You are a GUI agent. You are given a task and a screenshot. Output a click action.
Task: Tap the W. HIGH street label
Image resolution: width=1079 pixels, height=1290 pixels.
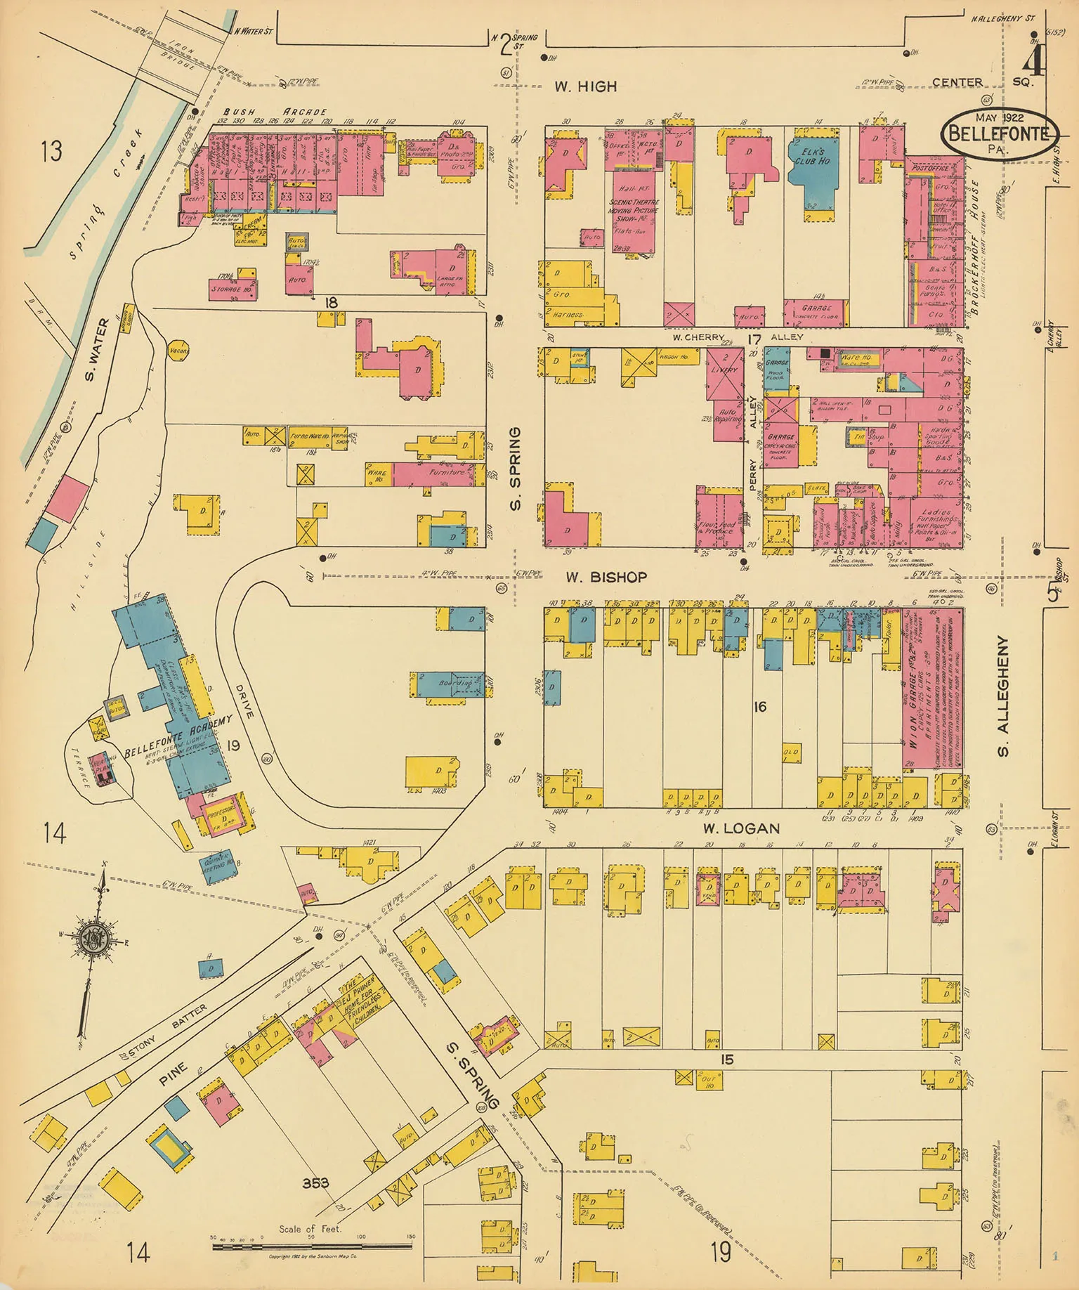click(x=585, y=86)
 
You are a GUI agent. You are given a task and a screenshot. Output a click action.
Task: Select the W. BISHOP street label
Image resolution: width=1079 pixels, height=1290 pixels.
click(x=606, y=577)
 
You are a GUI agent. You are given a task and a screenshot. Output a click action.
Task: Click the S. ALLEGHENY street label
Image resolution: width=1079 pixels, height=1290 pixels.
click(x=1003, y=696)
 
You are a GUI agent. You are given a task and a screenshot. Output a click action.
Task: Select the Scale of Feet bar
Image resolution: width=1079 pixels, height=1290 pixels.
click(x=312, y=1246)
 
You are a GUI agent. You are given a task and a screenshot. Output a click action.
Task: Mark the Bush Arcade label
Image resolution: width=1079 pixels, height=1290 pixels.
click(x=275, y=112)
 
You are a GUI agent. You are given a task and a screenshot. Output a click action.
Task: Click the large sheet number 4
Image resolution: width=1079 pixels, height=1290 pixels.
click(x=1033, y=61)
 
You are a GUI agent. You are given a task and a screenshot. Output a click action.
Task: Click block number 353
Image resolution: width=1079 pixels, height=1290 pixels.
click(x=316, y=1183)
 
